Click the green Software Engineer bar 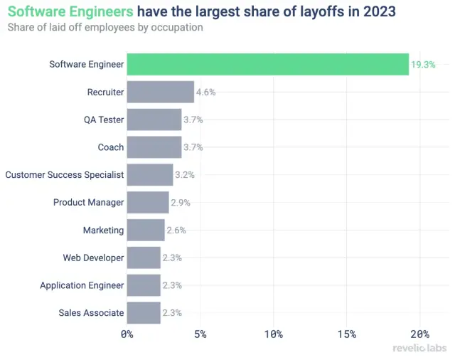267,64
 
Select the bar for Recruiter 160,92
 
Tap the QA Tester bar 154,120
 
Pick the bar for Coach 154,147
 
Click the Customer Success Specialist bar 150,174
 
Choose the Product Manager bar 148,202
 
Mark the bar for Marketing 146,230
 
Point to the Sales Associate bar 144,312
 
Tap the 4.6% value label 205,92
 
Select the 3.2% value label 185,175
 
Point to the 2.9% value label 181,203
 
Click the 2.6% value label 176,231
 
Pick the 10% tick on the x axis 273,334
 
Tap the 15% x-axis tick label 346,334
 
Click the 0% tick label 127,334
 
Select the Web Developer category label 93,258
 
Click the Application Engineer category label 82,285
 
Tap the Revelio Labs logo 419,349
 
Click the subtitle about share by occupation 105,28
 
